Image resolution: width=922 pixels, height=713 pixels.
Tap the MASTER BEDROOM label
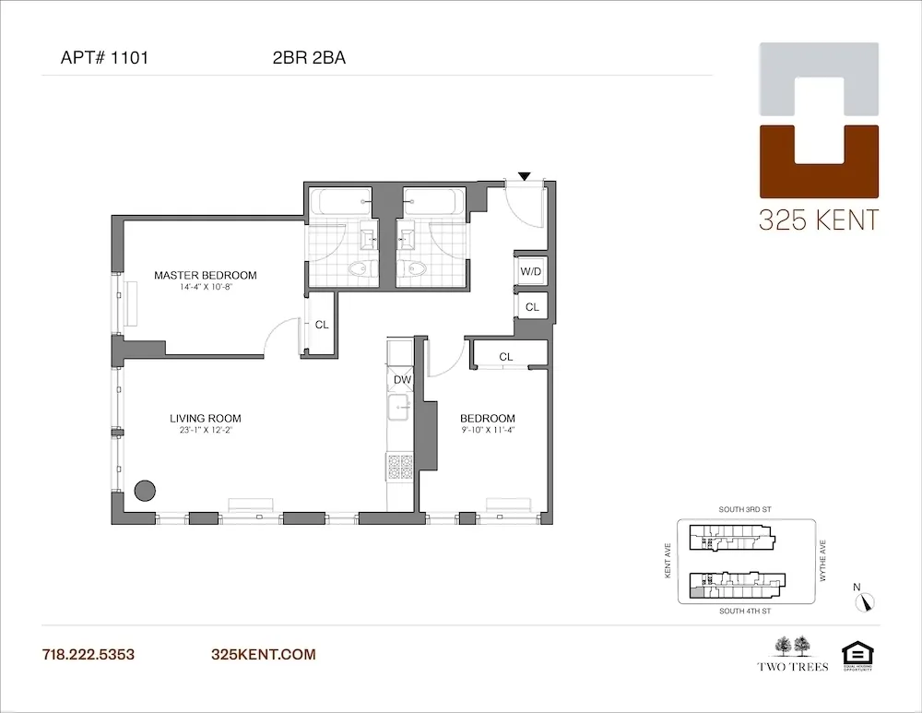[205, 275]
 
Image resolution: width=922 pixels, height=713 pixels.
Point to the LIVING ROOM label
[205, 418]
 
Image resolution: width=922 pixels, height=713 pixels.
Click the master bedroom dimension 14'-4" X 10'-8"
[205, 288]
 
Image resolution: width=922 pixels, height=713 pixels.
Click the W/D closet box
[530, 272]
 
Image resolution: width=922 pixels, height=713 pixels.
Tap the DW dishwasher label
[401, 379]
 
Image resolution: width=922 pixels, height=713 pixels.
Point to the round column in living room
[144, 491]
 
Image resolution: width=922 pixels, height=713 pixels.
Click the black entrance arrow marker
[525, 175]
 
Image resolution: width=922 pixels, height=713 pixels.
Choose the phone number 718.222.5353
[89, 655]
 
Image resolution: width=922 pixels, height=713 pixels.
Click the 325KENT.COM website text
[263, 655]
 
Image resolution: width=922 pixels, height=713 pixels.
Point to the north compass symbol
[864, 600]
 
